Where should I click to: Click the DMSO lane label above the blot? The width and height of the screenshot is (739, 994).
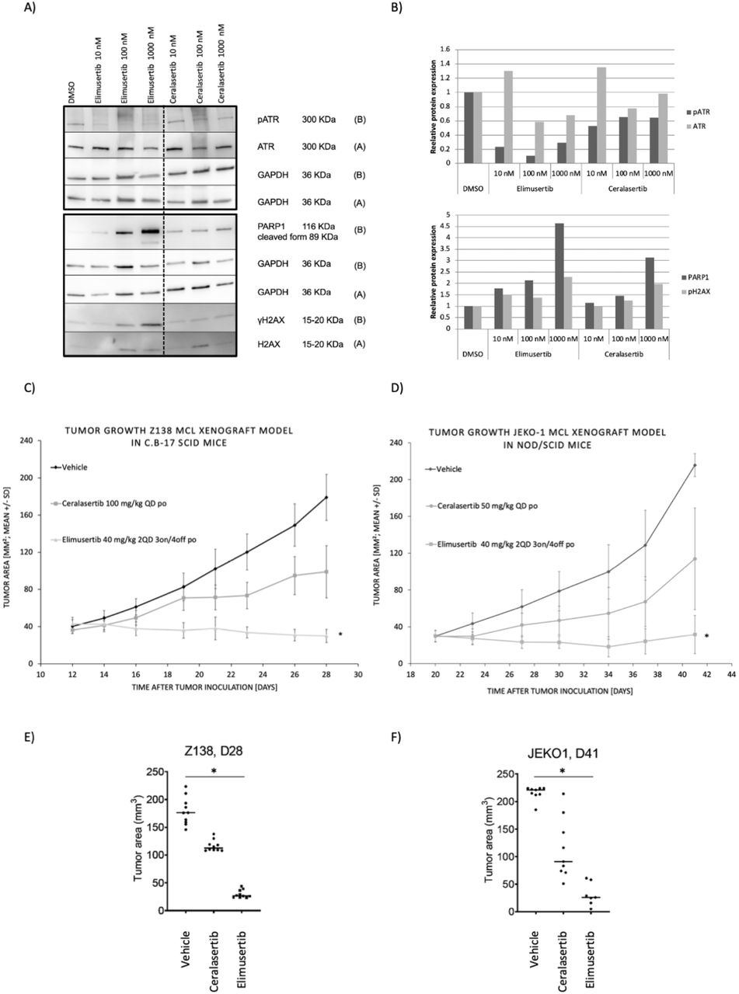(x=71, y=92)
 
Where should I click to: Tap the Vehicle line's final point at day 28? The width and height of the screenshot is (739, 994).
(x=326, y=497)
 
